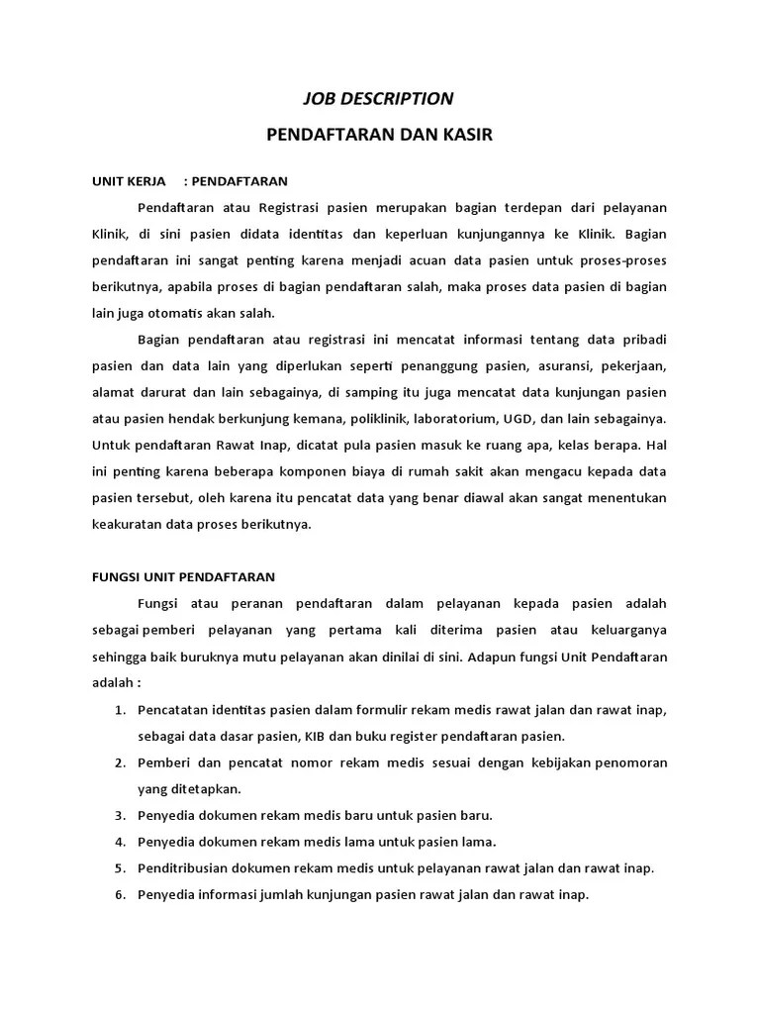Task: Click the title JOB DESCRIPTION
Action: (377, 98)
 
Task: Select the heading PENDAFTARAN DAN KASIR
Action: (379, 134)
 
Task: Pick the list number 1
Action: (120, 710)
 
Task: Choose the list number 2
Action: (120, 762)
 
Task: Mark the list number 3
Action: (120, 815)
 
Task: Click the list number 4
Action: (120, 842)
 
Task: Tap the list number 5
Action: (120, 868)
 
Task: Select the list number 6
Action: (120, 895)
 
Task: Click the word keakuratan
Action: (124, 524)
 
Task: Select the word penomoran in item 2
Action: (626, 762)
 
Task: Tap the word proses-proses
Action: (626, 259)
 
